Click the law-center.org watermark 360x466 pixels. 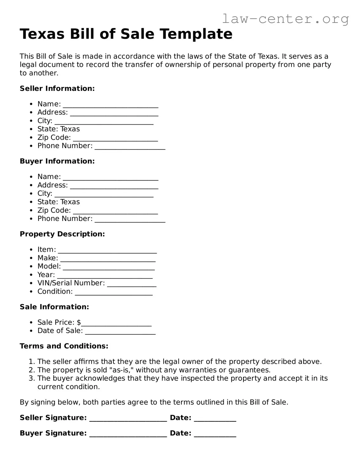pos(285,19)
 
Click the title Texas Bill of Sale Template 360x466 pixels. pos(126,34)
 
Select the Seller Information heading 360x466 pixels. pos(57,88)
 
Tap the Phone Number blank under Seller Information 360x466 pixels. pos(130,147)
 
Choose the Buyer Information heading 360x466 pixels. pos(57,161)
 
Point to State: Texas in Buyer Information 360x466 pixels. pos(58,202)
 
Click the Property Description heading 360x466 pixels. pos(62,234)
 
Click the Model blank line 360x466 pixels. pos(109,268)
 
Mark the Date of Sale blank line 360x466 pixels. pos(120,332)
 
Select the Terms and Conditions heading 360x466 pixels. pos(64,346)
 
